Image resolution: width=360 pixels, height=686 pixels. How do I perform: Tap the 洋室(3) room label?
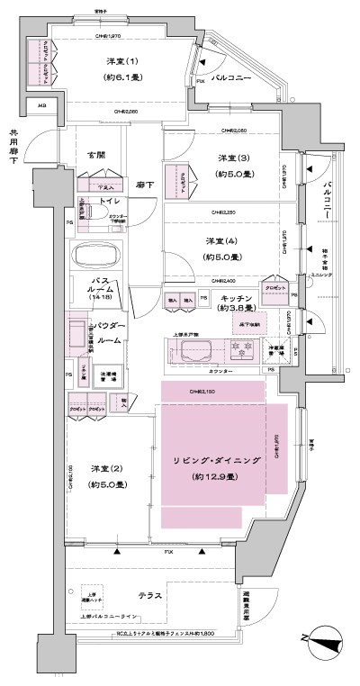click(x=227, y=159)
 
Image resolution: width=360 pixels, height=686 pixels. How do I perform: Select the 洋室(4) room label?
click(x=223, y=240)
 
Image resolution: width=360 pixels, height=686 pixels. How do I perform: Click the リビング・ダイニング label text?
click(x=217, y=460)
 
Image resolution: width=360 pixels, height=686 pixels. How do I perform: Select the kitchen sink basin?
click(x=196, y=349)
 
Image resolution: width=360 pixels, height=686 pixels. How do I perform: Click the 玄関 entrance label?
click(x=96, y=155)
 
